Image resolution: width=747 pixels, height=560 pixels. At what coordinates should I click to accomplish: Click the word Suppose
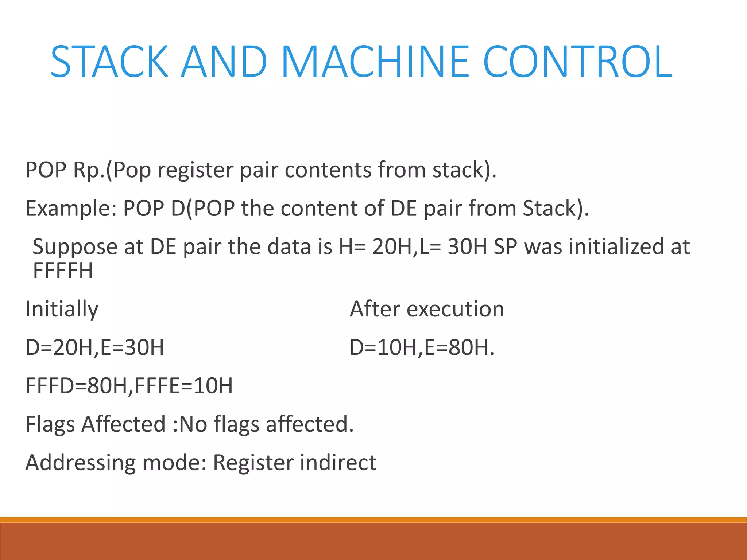75,247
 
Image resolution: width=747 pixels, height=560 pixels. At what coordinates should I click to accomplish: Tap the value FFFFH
63,271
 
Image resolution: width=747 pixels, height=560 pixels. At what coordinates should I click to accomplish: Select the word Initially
62,309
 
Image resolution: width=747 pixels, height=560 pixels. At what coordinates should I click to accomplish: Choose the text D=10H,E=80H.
422,347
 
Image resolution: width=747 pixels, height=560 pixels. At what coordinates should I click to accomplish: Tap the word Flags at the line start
50,424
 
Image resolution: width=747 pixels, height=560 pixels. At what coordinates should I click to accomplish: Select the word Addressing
80,463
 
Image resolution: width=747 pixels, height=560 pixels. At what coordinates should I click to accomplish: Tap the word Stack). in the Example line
556,209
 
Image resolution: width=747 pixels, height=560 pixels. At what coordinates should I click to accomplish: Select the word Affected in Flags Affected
123,424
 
